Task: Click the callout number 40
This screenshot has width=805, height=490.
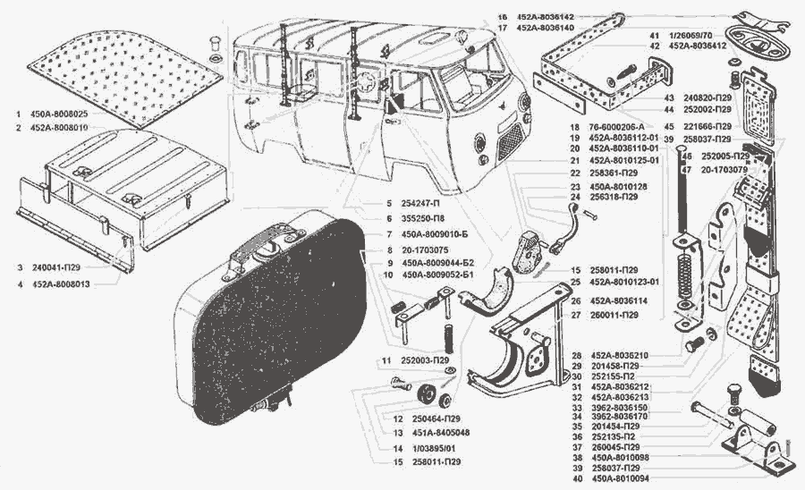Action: click(579, 479)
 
